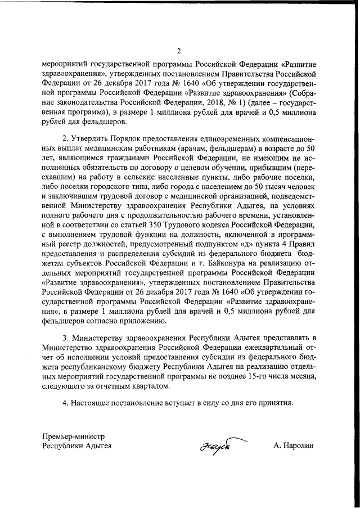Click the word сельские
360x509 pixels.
[x=131, y=181]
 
